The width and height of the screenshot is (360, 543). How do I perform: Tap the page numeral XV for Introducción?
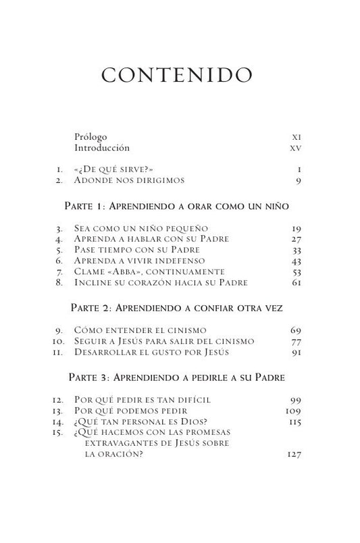coord(295,147)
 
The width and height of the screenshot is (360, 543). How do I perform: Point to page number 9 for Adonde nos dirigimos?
coord(297,180)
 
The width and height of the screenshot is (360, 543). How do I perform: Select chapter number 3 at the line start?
coord(60,230)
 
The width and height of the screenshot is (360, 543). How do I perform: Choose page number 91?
coord(294,352)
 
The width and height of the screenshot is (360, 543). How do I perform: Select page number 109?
coord(292,411)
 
